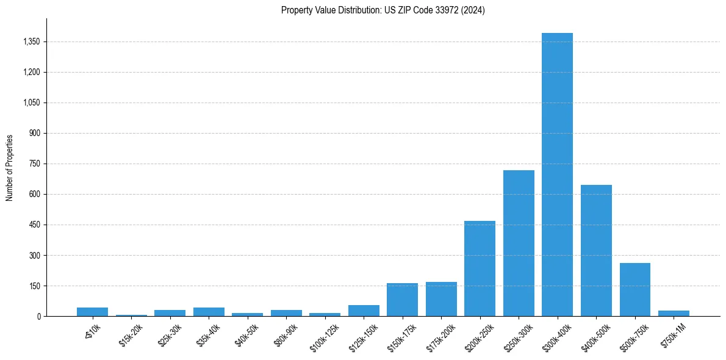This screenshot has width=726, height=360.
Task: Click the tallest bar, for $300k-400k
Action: click(x=557, y=175)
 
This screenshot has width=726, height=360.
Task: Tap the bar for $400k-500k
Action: click(x=596, y=250)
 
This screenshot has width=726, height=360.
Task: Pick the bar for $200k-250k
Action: click(x=480, y=268)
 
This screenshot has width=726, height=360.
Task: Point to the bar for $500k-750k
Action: click(x=634, y=289)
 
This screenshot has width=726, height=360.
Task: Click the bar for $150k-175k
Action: click(x=402, y=300)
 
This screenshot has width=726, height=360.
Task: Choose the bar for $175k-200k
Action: click(x=441, y=299)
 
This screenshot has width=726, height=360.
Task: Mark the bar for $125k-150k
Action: click(x=364, y=311)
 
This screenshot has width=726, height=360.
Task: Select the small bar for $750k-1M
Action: click(x=674, y=313)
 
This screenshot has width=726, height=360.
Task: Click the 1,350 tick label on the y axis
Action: click(x=31, y=41)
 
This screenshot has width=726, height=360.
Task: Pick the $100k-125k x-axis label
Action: click(x=325, y=333)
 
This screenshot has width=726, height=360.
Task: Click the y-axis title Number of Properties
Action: click(x=10, y=167)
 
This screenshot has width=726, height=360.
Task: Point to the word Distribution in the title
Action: click(x=343, y=10)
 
